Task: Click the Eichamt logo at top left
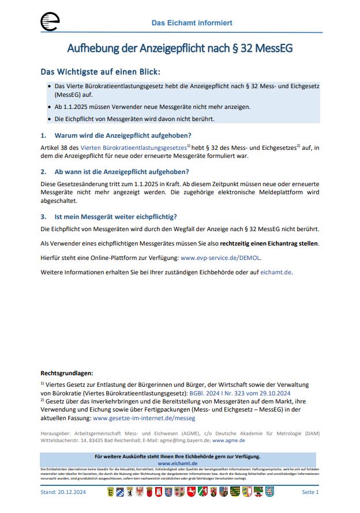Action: tap(50, 22)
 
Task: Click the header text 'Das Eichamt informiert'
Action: tap(192, 23)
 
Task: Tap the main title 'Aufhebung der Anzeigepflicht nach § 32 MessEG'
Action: tap(180, 48)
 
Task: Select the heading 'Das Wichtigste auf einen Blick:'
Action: tap(100, 72)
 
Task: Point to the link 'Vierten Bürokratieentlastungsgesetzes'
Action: tap(133, 148)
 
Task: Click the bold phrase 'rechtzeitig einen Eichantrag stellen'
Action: tap(269, 243)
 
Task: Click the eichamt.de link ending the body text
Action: tap(276, 272)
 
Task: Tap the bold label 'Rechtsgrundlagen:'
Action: tap(67, 374)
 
